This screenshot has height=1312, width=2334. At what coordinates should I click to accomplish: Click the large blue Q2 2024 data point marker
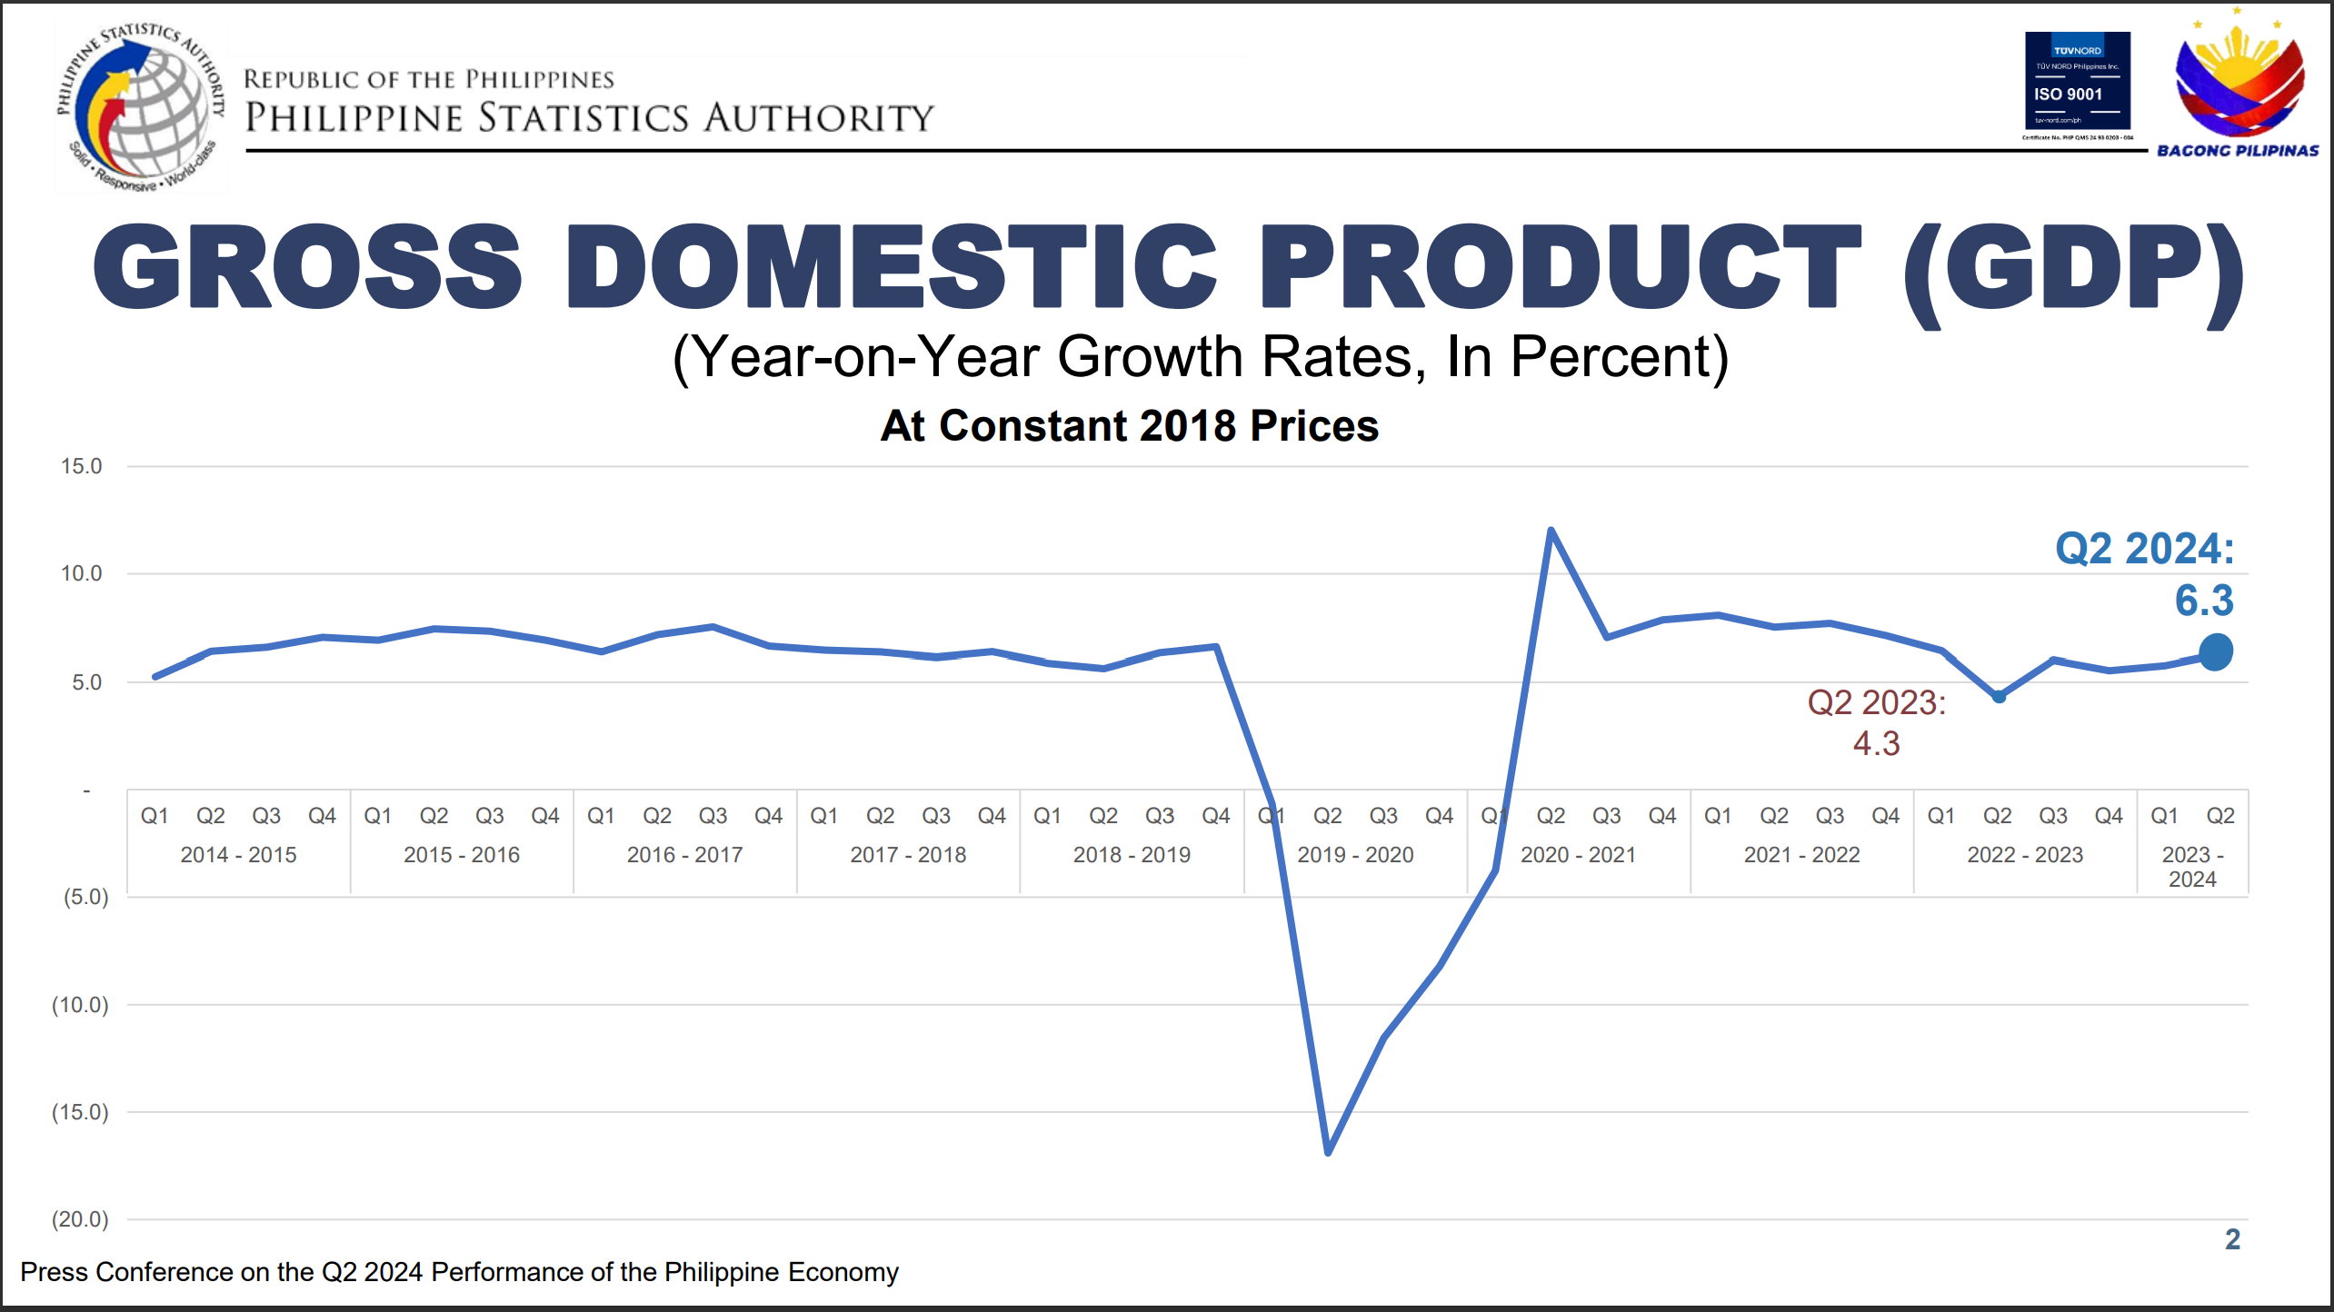coord(2216,651)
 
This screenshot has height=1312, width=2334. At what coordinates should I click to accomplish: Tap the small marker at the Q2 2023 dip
coord(1999,697)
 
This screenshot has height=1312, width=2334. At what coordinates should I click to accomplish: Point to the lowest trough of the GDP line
coord(1328,1152)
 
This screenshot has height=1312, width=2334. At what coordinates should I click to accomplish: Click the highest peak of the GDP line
coord(1551,530)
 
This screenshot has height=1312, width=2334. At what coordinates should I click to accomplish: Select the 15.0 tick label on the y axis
coord(81,466)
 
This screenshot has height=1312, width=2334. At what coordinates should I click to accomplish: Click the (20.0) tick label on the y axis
coord(80,1219)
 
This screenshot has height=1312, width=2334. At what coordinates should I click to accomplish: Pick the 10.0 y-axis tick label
coord(81,573)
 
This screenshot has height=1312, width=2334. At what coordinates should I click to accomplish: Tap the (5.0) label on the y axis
coord(85,897)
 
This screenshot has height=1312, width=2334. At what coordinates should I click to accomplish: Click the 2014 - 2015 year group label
coord(238,855)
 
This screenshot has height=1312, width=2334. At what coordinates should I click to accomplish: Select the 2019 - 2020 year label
coord(1355,855)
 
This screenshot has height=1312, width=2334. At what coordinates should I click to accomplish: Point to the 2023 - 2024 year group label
coord(2192,867)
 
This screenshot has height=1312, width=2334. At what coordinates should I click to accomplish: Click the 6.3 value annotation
coord(2204,601)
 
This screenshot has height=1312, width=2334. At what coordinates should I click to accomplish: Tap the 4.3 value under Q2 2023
coord(1876,743)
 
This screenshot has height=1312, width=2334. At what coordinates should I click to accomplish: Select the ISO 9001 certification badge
coord(2077,84)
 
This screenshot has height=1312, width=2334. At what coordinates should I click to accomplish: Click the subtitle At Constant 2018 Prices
coord(1130,425)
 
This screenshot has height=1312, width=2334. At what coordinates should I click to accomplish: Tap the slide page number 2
coord(2232,1239)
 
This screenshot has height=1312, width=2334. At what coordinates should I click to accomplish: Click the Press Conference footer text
coord(459,1272)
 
